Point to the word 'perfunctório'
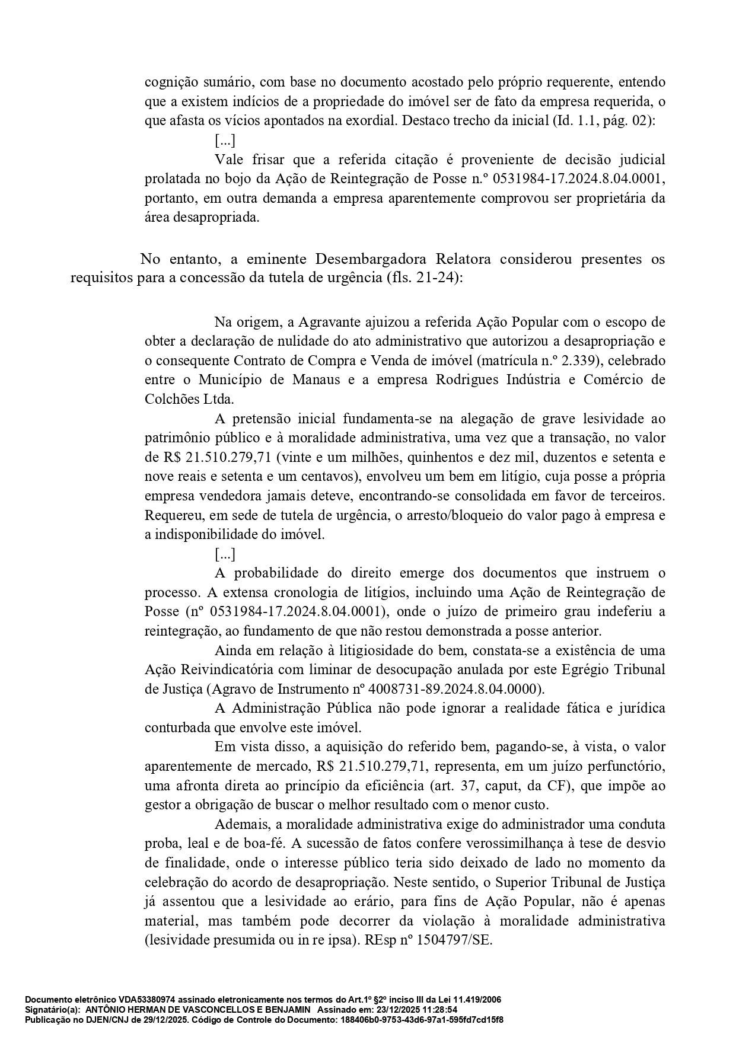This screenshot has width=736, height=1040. pyautogui.click(x=628, y=766)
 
